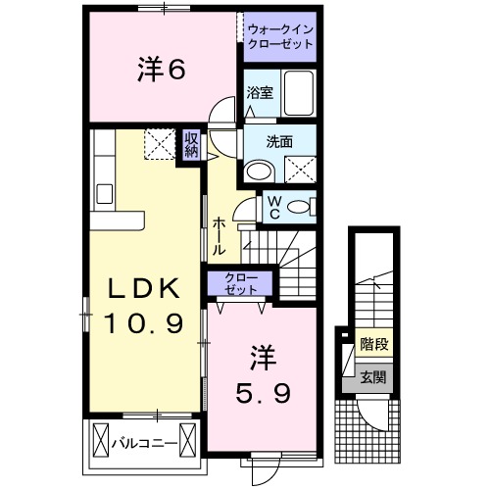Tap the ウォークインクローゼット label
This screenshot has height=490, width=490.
280,36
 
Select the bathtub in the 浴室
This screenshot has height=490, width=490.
299,93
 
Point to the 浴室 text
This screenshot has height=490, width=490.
260,93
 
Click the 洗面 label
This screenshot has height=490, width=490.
279,142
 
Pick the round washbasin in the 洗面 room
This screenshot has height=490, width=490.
260,171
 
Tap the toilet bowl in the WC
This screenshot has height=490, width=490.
299,207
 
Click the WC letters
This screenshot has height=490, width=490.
274,208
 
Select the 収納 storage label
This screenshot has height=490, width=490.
192,145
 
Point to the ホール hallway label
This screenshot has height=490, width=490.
219,237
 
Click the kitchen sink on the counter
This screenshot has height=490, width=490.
105,194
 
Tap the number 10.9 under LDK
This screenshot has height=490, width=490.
143,323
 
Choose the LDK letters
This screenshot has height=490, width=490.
144,288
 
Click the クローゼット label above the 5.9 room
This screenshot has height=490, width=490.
241,283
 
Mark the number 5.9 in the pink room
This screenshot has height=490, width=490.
263,393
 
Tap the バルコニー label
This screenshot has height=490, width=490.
145,443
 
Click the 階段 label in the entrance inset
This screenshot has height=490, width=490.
374,343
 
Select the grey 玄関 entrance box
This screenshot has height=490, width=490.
367,378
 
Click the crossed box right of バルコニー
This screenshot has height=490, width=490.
188,439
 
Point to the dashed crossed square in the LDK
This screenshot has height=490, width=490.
160,144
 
